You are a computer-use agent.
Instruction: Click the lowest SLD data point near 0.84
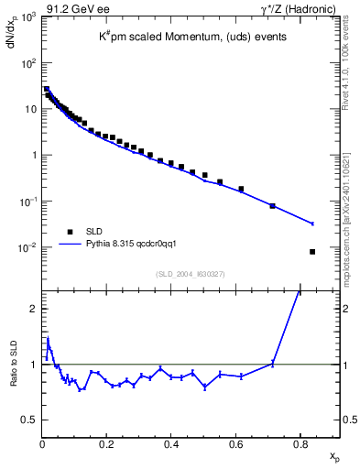click(x=312, y=252)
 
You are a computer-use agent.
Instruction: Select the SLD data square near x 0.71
click(x=273, y=206)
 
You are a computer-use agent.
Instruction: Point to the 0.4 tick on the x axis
click(x=170, y=443)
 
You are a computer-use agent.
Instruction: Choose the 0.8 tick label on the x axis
click(x=300, y=443)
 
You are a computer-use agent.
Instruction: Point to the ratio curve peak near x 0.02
click(x=48, y=338)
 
